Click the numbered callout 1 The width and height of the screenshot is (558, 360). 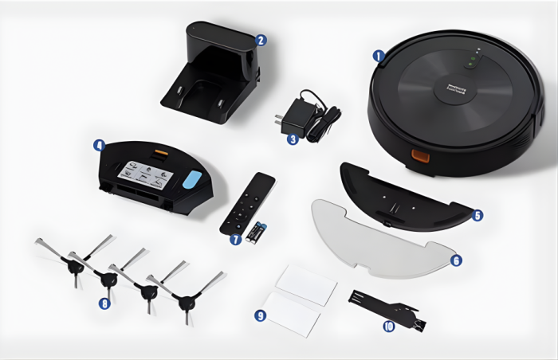coord(379,56)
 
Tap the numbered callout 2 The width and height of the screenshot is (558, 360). coord(261,39)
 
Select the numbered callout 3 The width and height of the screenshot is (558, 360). coord(293,139)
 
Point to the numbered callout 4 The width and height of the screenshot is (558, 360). coord(98,146)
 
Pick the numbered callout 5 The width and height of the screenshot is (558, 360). coord(477,215)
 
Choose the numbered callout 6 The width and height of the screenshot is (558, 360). coord(456,260)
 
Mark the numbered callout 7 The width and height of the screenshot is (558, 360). coord(234,239)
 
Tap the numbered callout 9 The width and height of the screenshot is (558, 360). coord(260,315)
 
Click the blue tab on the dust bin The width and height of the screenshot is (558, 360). coord(192,179)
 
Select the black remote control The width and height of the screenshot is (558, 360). coord(247,202)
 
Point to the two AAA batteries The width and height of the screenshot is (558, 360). coord(257,232)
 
